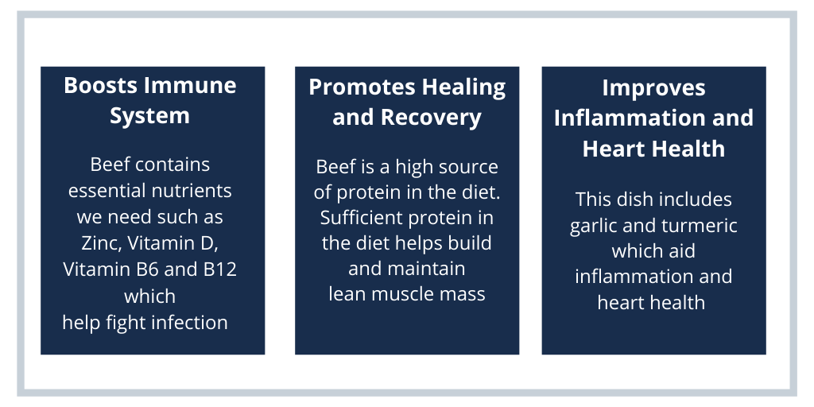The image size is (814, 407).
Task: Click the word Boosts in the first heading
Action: tap(94, 85)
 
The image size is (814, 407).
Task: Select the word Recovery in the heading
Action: tap(431, 118)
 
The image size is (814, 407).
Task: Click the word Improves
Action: tap(653, 88)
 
